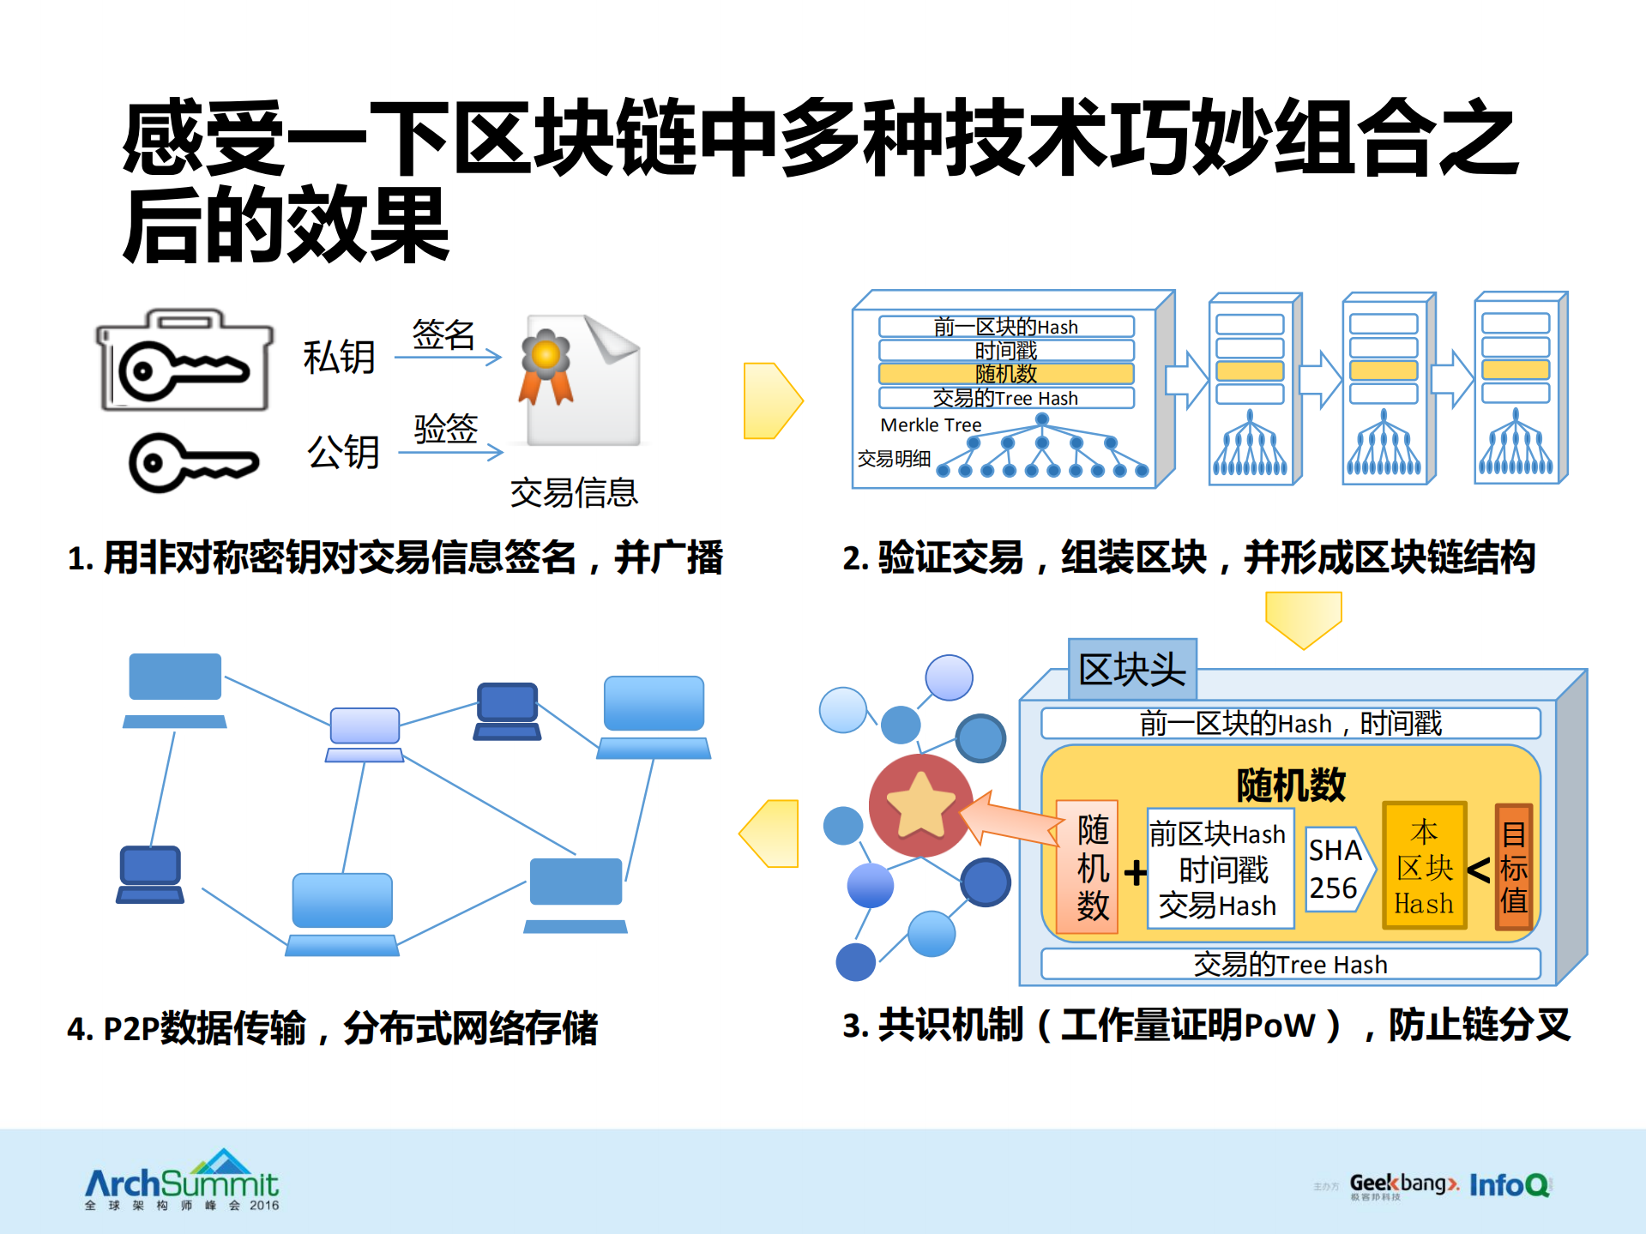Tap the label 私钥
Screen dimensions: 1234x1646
pos(340,357)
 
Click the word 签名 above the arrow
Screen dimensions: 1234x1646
pos(443,334)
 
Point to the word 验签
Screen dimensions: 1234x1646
pos(446,428)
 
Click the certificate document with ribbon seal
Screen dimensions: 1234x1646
pos(582,382)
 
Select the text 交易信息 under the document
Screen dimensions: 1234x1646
pos(574,493)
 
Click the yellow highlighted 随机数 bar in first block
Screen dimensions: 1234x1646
pos(1005,374)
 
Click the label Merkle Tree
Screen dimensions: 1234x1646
pos(931,425)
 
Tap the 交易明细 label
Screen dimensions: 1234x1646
pos(894,459)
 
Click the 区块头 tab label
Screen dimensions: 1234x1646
pos(1132,670)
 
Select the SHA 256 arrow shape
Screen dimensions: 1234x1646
pos(1337,869)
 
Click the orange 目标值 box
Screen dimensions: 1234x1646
pos(1513,867)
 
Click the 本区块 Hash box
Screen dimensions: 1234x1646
pos(1424,867)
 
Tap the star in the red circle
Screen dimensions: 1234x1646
pos(919,805)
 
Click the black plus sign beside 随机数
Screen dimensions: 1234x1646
pos(1135,873)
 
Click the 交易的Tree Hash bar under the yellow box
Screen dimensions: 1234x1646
pos(1289,965)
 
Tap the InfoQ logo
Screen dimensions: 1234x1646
pos(1510,1185)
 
